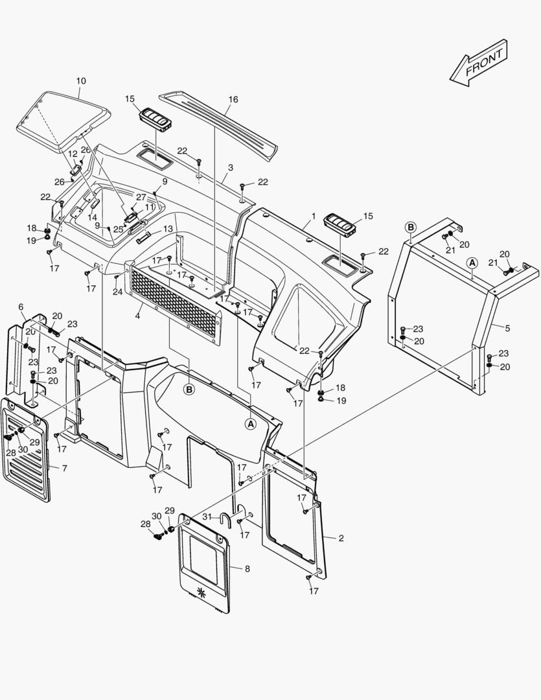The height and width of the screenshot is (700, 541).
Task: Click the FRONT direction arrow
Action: (x=479, y=62)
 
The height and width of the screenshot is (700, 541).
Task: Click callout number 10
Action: (x=81, y=81)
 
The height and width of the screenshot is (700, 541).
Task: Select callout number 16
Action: (x=233, y=99)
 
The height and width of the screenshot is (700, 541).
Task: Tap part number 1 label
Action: (x=314, y=216)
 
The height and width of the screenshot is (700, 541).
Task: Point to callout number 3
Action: (x=231, y=167)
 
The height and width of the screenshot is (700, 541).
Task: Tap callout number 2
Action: (x=341, y=538)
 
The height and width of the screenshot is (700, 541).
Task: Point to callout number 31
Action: (x=207, y=516)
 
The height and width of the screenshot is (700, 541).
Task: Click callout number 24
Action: (x=117, y=292)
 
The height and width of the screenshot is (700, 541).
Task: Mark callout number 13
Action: (x=168, y=229)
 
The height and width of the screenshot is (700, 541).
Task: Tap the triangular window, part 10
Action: (x=62, y=117)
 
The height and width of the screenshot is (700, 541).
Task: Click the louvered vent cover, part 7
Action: (x=26, y=454)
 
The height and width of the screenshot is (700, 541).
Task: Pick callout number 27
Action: (x=141, y=196)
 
